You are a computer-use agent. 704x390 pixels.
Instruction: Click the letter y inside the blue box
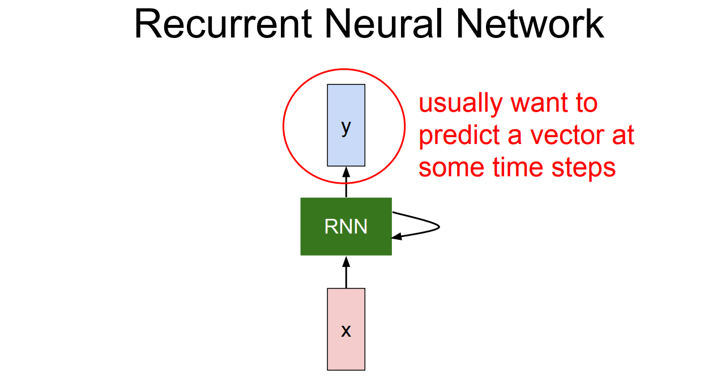coord(346,128)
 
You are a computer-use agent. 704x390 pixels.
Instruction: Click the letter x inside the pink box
coord(346,330)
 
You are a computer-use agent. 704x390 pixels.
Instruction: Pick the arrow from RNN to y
coord(346,182)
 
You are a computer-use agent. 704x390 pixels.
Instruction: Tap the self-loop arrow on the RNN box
coord(433,227)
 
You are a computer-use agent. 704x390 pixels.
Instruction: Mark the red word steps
coord(587,168)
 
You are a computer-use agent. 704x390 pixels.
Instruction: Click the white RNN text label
coord(345,227)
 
